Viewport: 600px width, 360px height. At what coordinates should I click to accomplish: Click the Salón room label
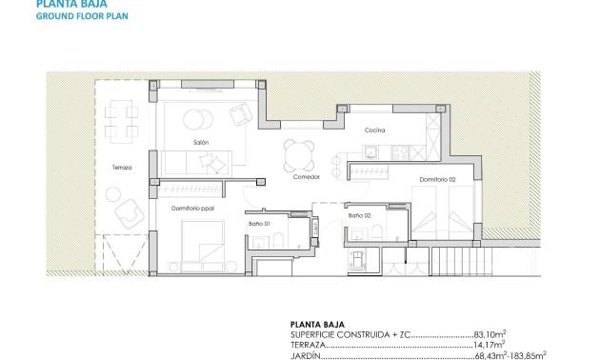pos(200,143)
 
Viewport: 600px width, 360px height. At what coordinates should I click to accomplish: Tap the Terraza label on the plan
pos(121,168)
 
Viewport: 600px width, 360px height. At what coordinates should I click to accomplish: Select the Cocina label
pos(373,130)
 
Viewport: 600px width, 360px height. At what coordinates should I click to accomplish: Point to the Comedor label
pos(305,177)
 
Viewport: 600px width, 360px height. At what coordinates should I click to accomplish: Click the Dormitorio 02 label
pos(437,179)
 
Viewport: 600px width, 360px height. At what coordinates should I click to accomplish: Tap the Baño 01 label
pos(261,223)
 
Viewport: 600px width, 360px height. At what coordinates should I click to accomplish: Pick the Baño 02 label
pos(359,216)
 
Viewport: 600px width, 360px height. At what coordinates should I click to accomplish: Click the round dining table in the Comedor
pos(299,151)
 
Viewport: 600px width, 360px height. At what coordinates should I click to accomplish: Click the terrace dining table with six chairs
pos(120,119)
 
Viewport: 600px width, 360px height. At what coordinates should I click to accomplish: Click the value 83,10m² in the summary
pos(490,334)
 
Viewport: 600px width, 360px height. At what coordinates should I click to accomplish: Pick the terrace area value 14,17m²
pos(490,345)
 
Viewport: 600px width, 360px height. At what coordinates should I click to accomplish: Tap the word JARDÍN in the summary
pos(305,356)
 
